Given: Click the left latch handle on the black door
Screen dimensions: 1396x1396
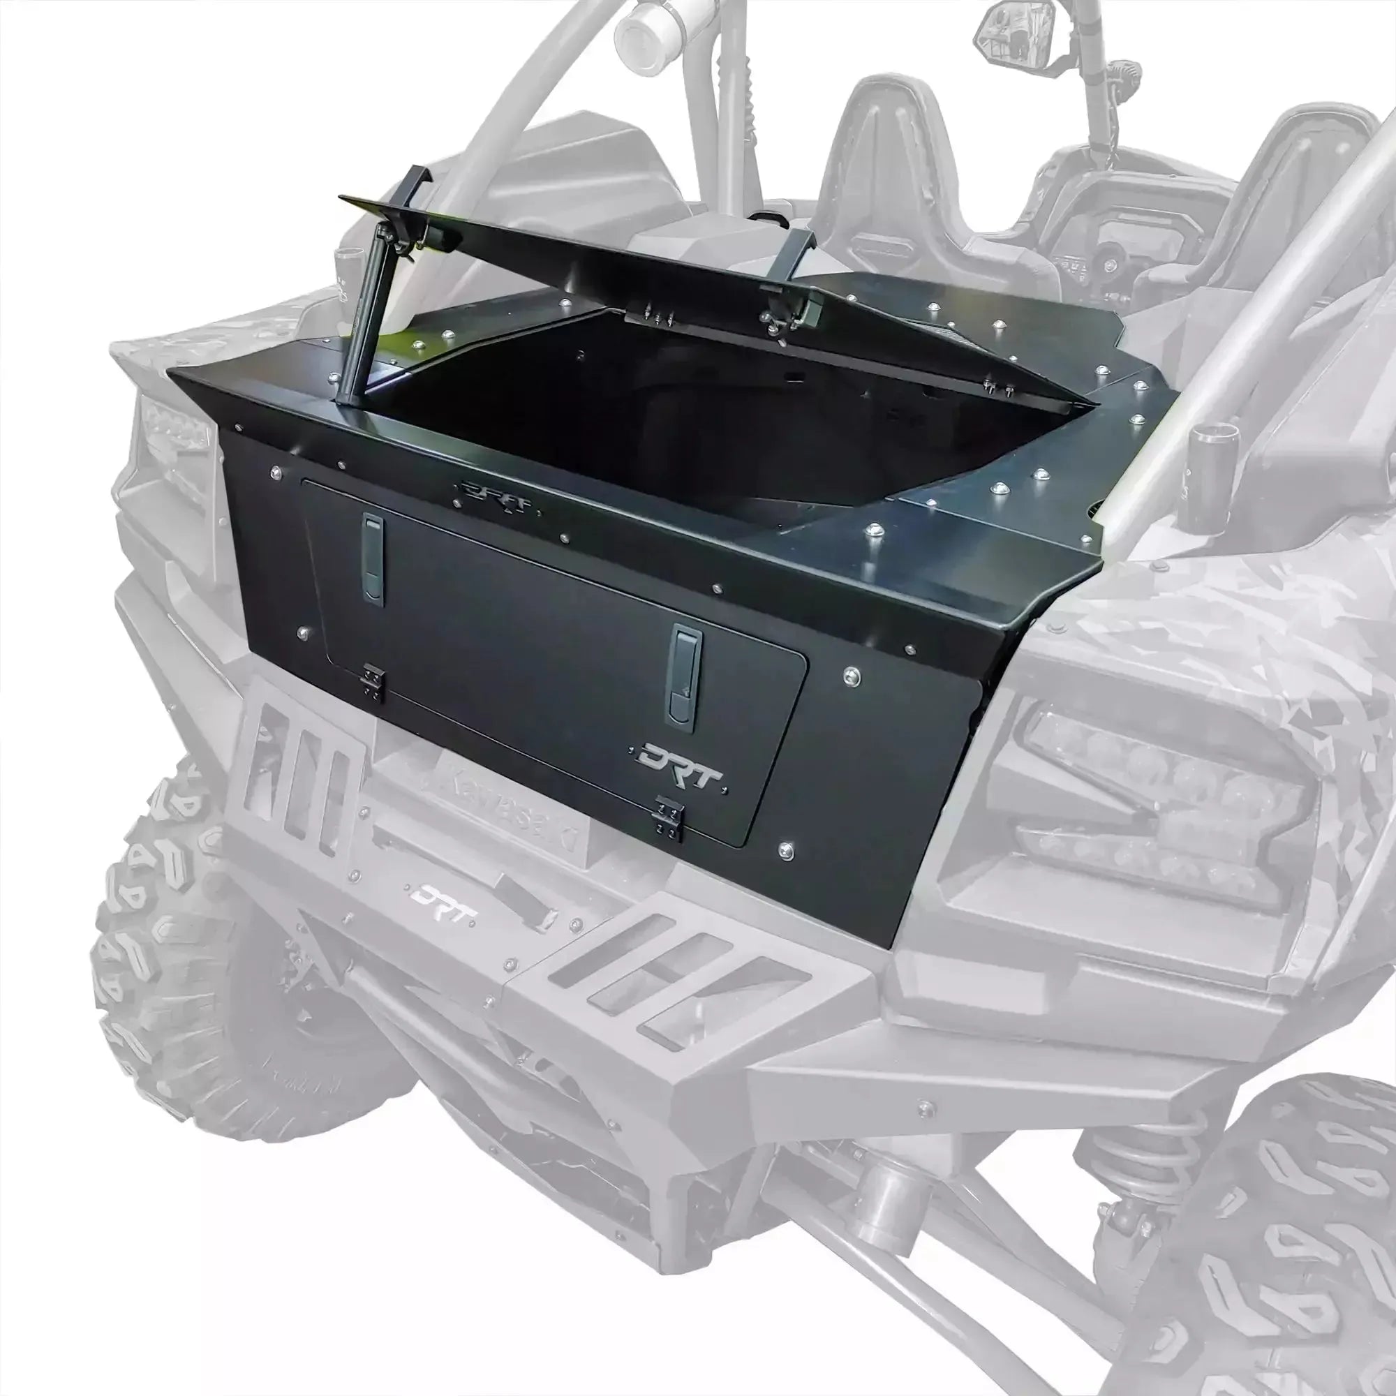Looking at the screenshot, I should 373,559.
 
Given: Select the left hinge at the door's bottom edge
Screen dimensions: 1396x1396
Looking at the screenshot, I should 373,681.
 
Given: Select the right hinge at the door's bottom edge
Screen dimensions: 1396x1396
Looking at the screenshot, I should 669,818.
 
